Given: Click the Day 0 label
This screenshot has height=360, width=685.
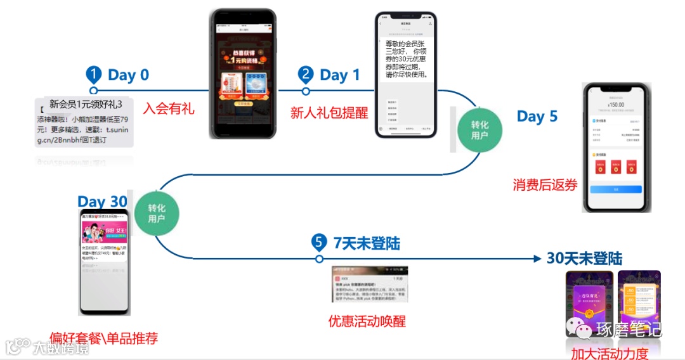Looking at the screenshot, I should point(128,75).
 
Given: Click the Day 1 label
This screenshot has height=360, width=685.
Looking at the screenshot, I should point(339,75).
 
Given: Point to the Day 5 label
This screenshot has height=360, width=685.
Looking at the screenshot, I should point(537,117).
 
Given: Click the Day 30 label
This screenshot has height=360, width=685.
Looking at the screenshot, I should point(102,202).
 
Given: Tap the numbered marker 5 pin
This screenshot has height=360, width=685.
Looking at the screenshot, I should point(319,243).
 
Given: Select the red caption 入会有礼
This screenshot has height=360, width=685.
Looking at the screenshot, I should point(168,108).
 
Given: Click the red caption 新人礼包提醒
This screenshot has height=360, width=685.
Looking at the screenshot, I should point(329,113).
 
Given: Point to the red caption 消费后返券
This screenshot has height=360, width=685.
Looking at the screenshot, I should point(545,185).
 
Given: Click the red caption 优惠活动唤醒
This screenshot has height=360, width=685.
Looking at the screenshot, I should point(367,321).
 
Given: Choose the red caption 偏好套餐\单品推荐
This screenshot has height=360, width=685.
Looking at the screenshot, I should point(103,338).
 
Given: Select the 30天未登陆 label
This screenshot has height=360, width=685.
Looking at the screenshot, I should point(584,259).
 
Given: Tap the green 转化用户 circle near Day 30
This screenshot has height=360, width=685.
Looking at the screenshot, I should point(156,214).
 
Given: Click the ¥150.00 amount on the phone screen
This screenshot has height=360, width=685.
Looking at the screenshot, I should point(615,105).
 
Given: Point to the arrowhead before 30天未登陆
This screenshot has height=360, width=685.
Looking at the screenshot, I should point(538,259).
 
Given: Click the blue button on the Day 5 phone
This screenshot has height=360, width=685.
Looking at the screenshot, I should point(615,190).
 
